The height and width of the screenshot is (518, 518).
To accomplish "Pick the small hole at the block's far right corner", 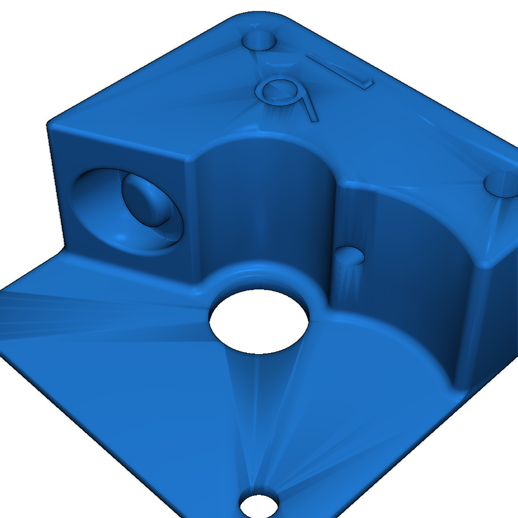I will click(x=501, y=184).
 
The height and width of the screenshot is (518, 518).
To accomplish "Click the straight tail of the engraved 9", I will click(x=309, y=109).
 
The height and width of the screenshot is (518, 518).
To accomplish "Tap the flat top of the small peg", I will click(x=350, y=255).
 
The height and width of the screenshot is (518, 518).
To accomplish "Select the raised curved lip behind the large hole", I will click(x=258, y=271).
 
